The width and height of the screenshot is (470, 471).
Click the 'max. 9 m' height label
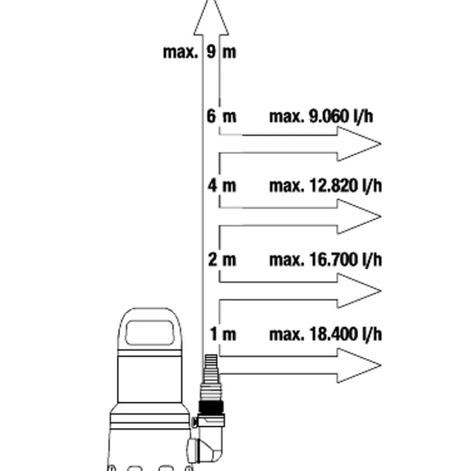[200, 51]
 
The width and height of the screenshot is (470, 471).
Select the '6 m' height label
[221, 117]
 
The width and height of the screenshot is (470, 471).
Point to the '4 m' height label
[222, 186]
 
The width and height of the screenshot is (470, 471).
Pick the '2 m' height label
[222, 260]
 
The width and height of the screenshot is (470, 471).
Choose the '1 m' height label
[222, 334]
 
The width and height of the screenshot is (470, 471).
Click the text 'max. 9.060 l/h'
[321, 117]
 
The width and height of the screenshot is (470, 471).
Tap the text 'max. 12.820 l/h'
[325, 186]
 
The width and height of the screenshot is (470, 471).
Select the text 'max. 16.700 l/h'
[325, 260]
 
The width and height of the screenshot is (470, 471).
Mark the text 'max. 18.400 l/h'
[325, 334]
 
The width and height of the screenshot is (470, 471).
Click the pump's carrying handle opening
[150, 333]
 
